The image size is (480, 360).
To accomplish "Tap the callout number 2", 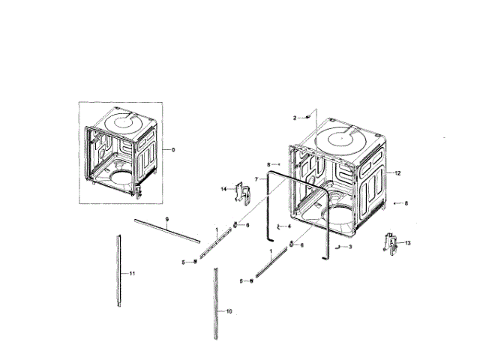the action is pos(295,118).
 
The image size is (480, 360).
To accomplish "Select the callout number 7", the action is pos(256,179).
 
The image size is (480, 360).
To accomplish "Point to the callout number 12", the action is pos(398,173).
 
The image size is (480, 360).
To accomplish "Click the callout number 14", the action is pos(223,189).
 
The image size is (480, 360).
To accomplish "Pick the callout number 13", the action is pos(408,243).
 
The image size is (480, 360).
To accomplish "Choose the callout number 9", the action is pos(166,219).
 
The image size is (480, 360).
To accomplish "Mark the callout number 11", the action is pos(132,274).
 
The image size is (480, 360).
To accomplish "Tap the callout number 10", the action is pos(229,310).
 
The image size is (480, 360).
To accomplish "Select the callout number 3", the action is pos(350,247).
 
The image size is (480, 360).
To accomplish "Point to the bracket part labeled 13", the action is pos(391,244).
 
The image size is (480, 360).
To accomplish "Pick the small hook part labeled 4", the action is pos(277,226).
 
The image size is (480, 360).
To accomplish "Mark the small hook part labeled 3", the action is pos(338,246).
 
